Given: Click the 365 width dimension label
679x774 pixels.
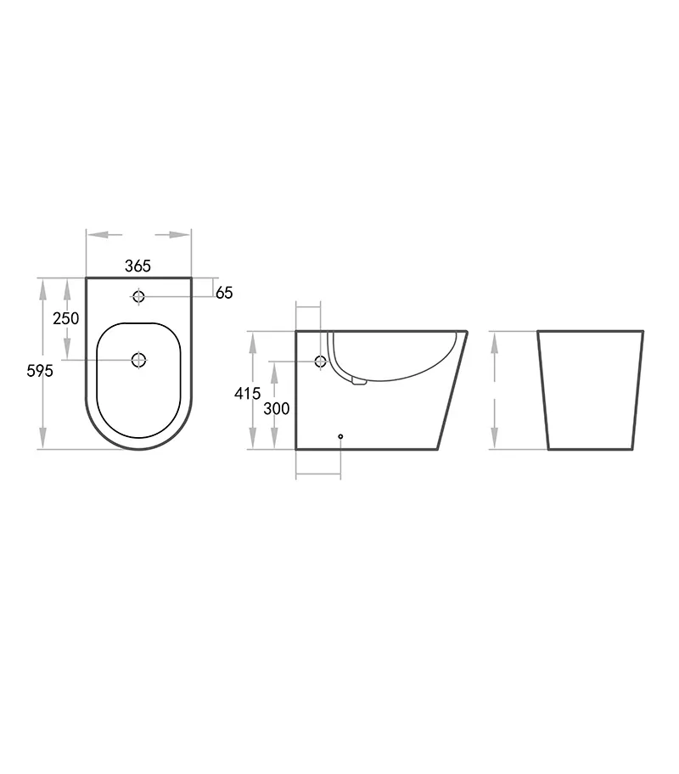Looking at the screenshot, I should click(137, 266).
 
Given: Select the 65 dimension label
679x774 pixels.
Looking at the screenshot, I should click(224, 293).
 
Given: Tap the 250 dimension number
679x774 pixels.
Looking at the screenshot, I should click(65, 318).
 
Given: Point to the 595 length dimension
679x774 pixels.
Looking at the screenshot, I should click(40, 371).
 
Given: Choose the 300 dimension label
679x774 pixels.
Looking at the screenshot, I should click(276, 408).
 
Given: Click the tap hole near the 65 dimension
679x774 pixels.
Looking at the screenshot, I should click(138, 296).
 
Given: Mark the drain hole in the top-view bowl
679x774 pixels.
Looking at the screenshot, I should click(138, 361).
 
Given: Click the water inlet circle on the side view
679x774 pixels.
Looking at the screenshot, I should click(321, 362).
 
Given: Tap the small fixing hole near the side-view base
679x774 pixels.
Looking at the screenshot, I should click(340, 436).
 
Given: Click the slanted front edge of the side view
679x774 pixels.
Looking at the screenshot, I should click(453, 390).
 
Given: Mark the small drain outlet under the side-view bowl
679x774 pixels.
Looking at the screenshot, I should click(358, 383).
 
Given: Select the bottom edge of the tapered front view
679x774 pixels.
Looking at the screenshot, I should click(591, 449).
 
